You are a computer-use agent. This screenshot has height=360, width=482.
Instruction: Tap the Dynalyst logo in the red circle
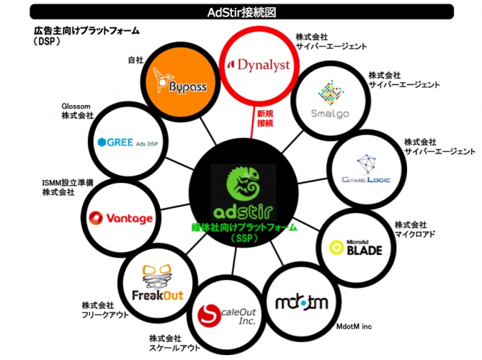point(258,65)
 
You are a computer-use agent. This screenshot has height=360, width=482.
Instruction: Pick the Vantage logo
point(120,217)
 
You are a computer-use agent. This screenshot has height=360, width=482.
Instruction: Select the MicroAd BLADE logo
point(356,247)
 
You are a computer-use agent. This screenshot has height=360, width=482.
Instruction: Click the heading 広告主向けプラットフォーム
point(86,32)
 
